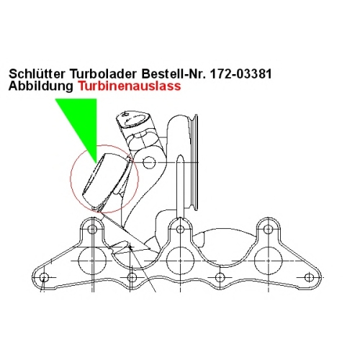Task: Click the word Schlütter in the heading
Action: [x=37, y=73]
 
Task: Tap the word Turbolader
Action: [x=104, y=73]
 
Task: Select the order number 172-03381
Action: [x=240, y=73]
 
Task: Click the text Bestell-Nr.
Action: [x=174, y=73]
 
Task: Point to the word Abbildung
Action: [x=41, y=86]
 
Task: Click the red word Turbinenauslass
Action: [x=130, y=86]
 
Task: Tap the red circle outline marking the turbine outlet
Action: [x=71, y=179]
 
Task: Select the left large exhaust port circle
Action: [x=92, y=261]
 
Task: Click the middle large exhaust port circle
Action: [x=180, y=261]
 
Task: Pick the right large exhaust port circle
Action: [x=269, y=261]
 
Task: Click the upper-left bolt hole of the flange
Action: [x=92, y=229]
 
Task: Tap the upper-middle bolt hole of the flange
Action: [x=180, y=229]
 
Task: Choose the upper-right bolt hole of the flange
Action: [x=269, y=229]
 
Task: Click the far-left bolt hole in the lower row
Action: [x=44, y=277]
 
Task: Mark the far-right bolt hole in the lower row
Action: [x=309, y=277]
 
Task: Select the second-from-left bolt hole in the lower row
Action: [x=132, y=277]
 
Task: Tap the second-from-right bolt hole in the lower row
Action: [x=220, y=277]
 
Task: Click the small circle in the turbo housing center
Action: [x=149, y=163]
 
